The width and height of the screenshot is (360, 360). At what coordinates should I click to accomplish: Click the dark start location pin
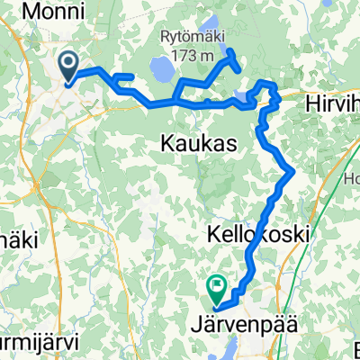click(x=69, y=65)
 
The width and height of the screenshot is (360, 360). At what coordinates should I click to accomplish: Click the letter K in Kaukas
click(x=166, y=143)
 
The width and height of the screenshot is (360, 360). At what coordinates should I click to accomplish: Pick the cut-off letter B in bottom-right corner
click(x=354, y=347)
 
